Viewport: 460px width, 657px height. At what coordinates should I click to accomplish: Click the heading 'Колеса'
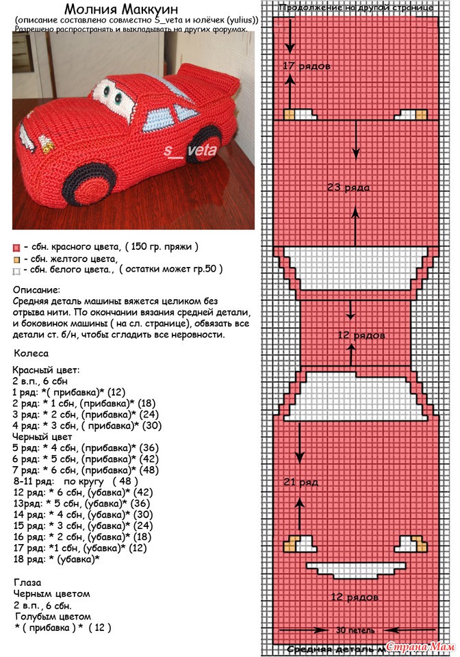31,353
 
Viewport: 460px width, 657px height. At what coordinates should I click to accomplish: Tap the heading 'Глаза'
27,582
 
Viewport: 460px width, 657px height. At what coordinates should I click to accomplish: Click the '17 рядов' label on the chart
306,66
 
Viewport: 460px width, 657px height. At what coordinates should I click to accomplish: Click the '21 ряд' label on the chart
301,482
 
